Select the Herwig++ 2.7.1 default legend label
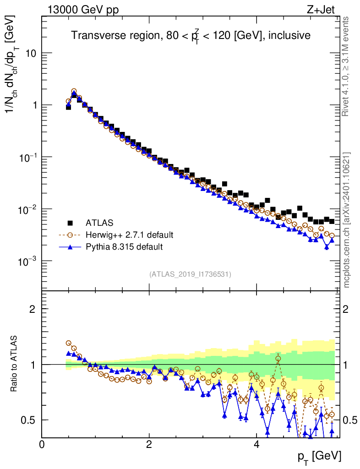(129, 235)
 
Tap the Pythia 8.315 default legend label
(124, 247)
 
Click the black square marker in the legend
(71, 223)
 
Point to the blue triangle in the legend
(71, 247)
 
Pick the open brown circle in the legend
(71, 235)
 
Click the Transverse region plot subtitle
(191, 35)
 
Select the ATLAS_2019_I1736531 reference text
(190, 274)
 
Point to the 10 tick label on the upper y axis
(30, 53)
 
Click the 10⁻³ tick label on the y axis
(27, 261)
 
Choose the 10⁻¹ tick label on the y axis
(27, 157)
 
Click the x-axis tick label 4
(256, 444)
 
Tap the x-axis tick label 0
(42, 444)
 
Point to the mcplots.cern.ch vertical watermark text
(347, 220)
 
